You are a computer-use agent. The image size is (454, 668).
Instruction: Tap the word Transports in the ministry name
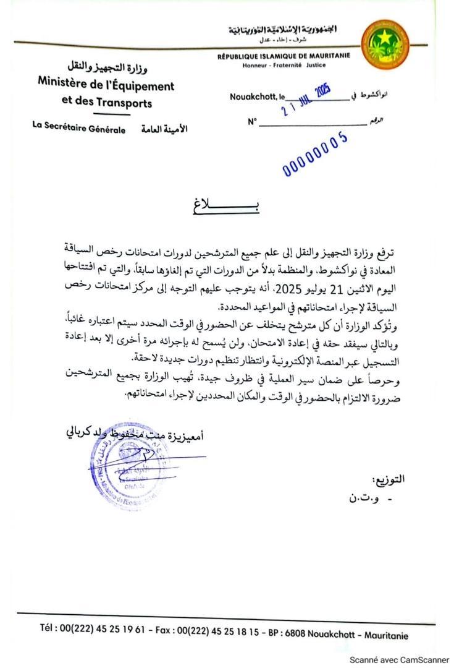coord(122,103)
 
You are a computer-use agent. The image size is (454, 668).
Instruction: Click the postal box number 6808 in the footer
coord(309,633)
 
